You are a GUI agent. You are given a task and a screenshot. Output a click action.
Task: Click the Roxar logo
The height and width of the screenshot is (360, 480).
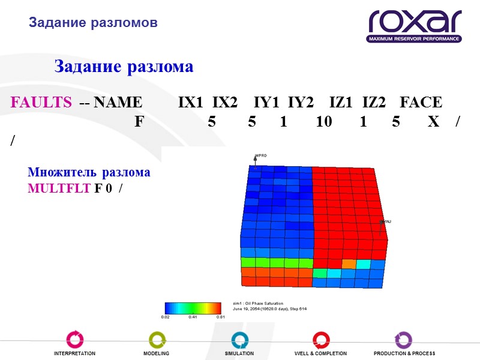pyautogui.click(x=415, y=26)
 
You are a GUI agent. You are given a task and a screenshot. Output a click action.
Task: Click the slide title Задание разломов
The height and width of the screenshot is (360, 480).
pyautogui.click(x=93, y=23)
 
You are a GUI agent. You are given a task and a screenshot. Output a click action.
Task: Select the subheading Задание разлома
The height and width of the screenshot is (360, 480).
pyautogui.click(x=124, y=67)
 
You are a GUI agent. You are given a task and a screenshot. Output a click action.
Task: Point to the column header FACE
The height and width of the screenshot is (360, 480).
pyautogui.click(x=420, y=103)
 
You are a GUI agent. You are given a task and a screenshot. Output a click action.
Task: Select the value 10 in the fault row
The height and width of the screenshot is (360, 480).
pyautogui.click(x=323, y=122)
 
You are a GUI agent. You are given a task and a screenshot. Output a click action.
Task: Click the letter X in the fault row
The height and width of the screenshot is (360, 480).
pyautogui.click(x=433, y=122)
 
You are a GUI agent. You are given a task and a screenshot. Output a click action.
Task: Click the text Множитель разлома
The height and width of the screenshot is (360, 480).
pyautogui.click(x=89, y=173)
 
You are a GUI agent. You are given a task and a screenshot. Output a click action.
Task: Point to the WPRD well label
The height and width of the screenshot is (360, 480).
pyautogui.click(x=261, y=156)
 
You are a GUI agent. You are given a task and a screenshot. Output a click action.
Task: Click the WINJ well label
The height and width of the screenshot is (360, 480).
pyautogui.click(x=386, y=221)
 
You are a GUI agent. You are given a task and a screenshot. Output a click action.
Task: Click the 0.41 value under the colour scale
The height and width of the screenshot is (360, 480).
pyautogui.click(x=193, y=316)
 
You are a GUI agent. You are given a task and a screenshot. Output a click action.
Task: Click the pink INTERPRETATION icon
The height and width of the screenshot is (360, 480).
pyautogui.click(x=74, y=340)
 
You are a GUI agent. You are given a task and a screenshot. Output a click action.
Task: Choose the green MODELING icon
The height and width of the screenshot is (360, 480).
pyautogui.click(x=157, y=340)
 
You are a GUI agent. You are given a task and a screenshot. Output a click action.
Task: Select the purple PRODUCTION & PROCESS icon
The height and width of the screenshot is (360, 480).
pyautogui.click(x=403, y=340)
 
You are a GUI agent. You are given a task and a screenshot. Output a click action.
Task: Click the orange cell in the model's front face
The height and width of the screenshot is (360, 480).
pyautogui.click(x=349, y=263)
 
